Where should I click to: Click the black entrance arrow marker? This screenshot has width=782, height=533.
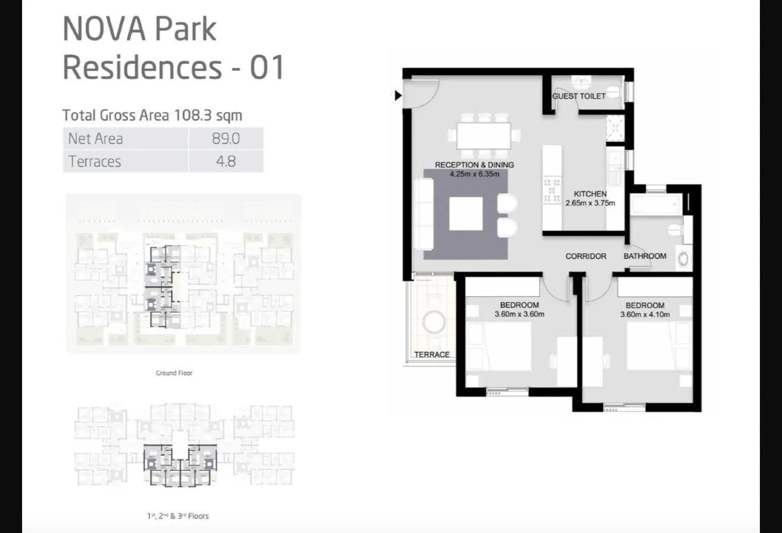tap(398, 95)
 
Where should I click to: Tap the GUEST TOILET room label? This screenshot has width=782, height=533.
tap(579, 97)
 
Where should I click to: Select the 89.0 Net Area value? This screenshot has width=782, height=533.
tap(226, 139)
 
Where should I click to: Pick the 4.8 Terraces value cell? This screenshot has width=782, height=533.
tap(226, 162)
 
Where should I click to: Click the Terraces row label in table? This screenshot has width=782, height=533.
tap(95, 162)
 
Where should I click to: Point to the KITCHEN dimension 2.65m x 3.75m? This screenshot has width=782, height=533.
tap(590, 203)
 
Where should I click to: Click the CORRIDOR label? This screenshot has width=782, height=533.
tap(586, 256)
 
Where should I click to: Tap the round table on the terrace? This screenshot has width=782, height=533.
tap(433, 322)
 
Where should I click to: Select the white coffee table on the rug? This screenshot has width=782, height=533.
tap(466, 214)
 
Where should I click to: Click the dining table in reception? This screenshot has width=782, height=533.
tap(484, 135)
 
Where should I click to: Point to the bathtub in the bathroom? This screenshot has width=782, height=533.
tap(656, 204)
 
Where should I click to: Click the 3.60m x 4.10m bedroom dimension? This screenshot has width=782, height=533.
tap(645, 314)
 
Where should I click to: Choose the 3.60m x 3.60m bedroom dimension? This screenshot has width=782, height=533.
tap(519, 314)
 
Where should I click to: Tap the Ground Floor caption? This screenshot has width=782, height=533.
tap(174, 373)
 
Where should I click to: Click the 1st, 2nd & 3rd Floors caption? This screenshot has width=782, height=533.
tap(178, 516)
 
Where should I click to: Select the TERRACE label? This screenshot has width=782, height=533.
tap(432, 355)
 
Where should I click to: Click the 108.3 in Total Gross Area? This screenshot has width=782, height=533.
tap(193, 115)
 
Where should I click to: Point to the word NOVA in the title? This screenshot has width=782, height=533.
tap(104, 29)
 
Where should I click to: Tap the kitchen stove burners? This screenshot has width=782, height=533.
tap(552, 191)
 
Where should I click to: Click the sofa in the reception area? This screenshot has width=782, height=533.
tap(423, 214)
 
